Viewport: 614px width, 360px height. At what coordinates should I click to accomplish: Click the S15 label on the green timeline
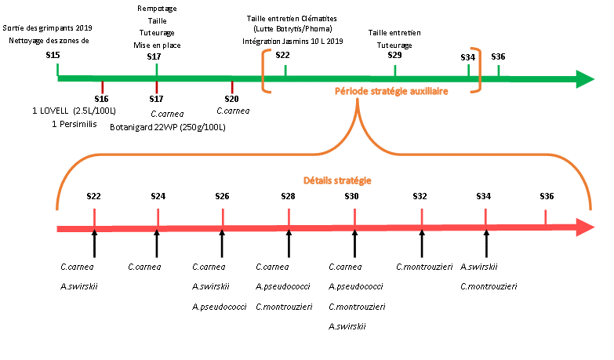point(53,55)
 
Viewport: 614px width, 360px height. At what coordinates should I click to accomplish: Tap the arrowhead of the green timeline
point(584,78)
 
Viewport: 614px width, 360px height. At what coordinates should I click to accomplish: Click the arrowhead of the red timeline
point(584,228)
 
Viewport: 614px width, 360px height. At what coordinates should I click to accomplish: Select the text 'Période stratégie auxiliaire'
point(391,91)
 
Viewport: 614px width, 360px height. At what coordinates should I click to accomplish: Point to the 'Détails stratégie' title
point(337,180)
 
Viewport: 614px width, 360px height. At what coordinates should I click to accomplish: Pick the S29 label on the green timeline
point(394,56)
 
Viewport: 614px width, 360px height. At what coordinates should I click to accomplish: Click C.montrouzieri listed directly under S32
point(423,267)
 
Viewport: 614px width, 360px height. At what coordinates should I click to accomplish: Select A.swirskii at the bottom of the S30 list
point(347,325)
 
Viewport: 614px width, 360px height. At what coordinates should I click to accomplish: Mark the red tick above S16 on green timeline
point(102,86)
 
